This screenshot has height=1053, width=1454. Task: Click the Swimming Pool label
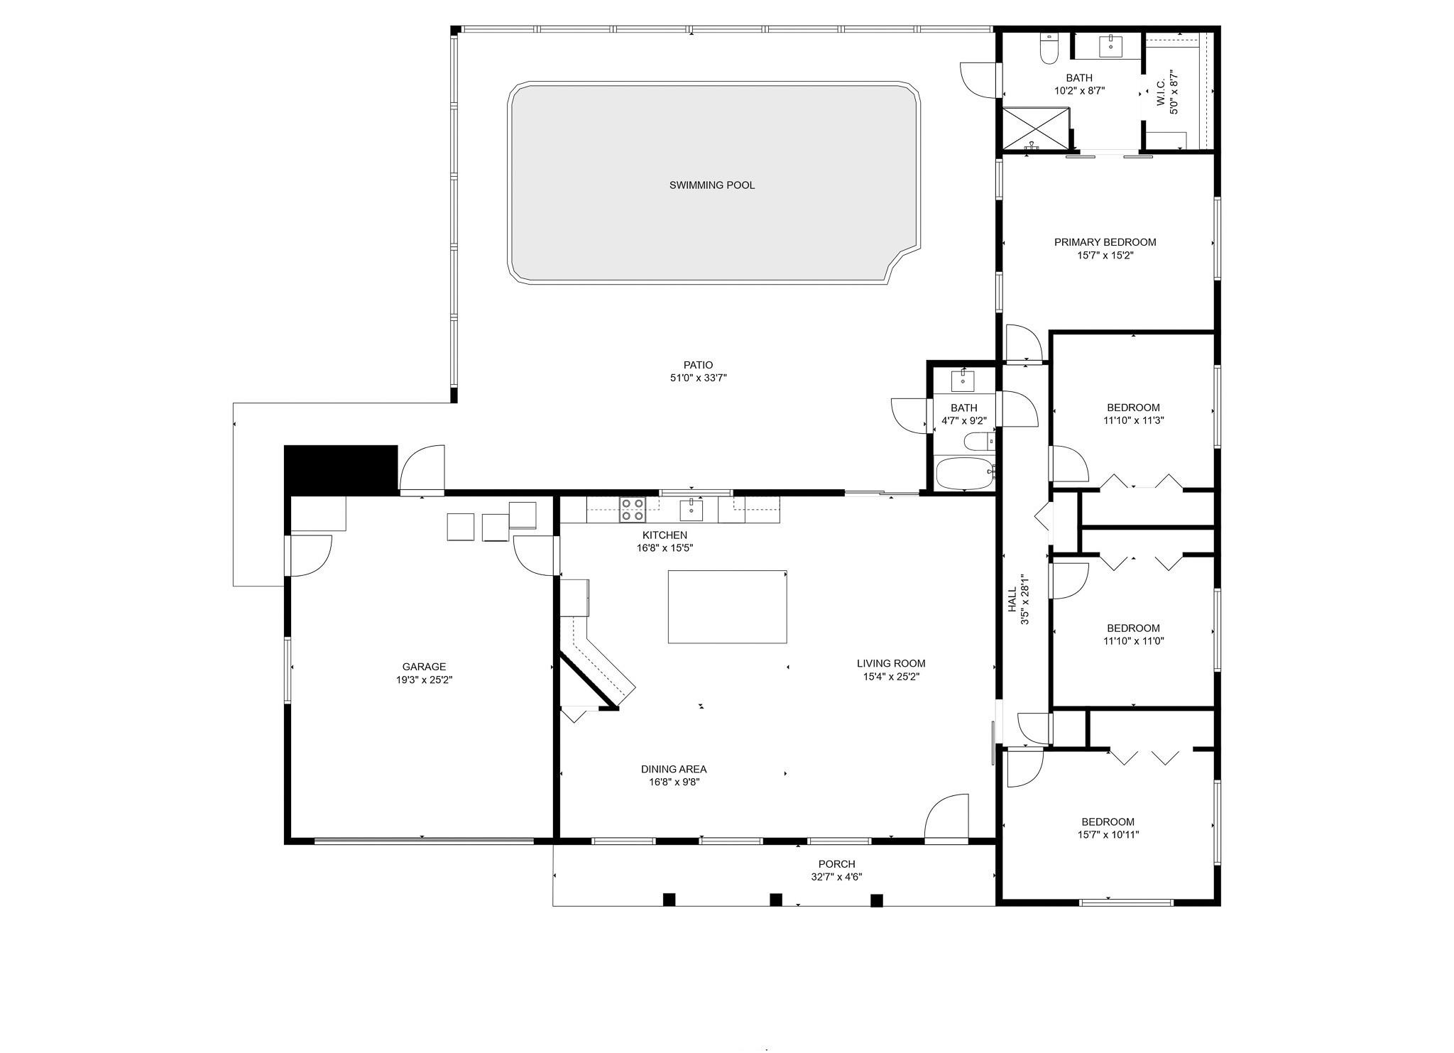click(712, 185)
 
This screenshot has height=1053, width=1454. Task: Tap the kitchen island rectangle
click(727, 606)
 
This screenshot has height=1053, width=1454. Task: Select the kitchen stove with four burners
click(633, 510)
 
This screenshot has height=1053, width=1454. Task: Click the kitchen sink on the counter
click(691, 509)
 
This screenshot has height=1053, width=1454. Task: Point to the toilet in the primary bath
click(1049, 48)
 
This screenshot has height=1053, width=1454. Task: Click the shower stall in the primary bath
click(1035, 129)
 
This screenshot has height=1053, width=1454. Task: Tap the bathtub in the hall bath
click(966, 474)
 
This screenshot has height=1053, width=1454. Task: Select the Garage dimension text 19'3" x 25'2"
click(424, 680)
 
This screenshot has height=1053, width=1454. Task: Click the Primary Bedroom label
click(1105, 242)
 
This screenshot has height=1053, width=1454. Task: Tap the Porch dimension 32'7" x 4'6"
click(836, 877)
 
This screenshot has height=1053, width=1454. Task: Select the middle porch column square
click(776, 900)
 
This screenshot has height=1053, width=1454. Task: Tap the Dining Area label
click(674, 769)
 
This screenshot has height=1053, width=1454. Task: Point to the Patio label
click(699, 366)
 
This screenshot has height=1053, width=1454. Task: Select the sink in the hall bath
click(963, 381)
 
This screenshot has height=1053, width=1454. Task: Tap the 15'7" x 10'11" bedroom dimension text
click(1108, 835)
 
